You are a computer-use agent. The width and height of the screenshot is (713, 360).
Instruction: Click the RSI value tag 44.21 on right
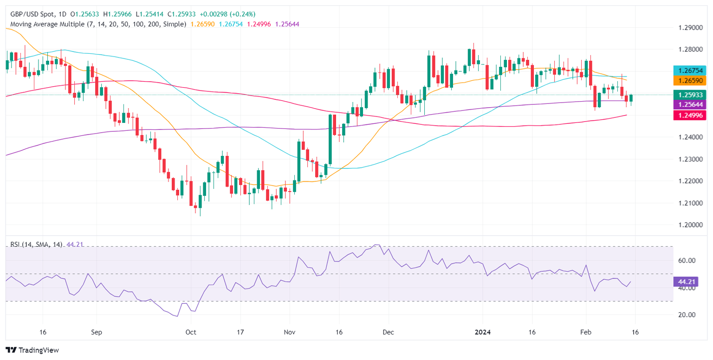(x=682, y=281)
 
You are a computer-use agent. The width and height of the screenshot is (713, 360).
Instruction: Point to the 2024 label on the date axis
(x=483, y=333)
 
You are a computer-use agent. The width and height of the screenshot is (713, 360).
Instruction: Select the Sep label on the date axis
(x=97, y=333)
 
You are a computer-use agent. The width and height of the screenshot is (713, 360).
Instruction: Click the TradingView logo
(x=32, y=350)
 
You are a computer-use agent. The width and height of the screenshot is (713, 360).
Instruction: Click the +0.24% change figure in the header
(x=240, y=14)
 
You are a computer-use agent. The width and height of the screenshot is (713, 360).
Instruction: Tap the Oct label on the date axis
(x=191, y=333)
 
